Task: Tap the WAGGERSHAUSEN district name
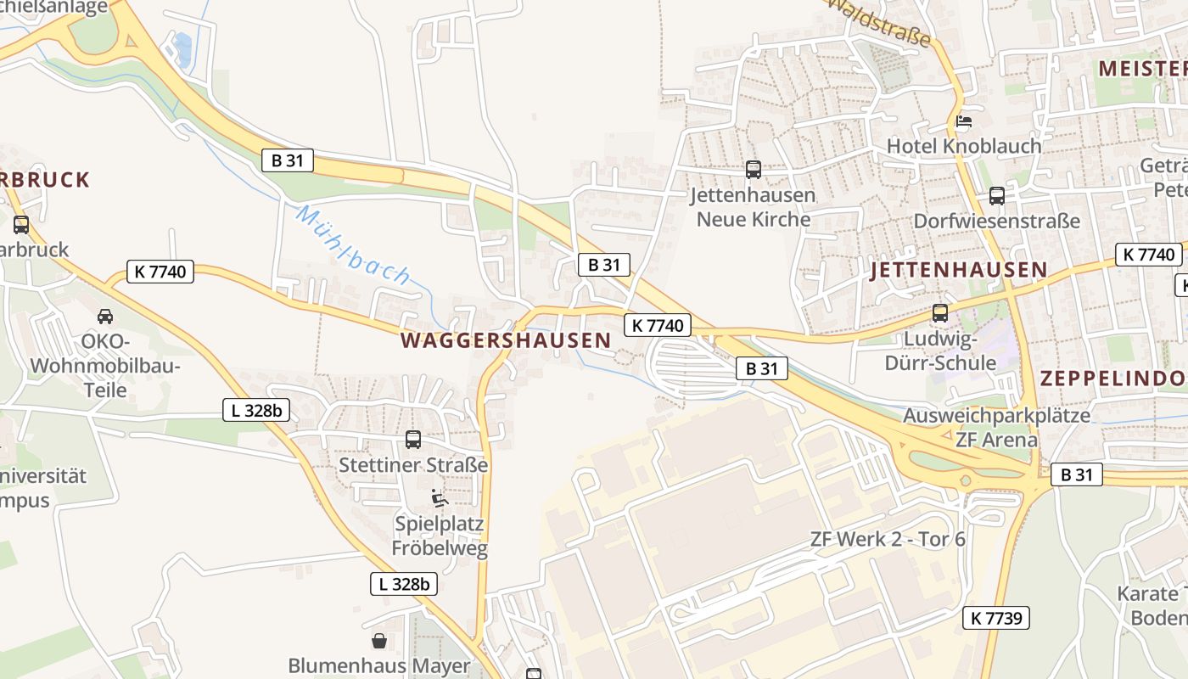coord(505,340)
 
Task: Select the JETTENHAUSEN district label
coord(959,270)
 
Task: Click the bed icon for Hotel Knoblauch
coord(964,121)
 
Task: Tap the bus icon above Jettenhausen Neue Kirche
coord(753,170)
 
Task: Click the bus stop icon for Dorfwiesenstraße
coord(996,196)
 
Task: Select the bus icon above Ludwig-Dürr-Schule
coord(940,312)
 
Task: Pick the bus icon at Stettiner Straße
coord(413,440)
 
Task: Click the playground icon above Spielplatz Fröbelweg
coord(439,497)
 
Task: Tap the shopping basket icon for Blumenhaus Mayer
coord(379,641)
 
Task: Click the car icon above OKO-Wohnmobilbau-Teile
coord(105,317)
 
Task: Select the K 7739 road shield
coord(995,618)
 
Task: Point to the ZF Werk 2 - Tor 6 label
coord(888,539)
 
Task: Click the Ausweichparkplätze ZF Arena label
coord(996,428)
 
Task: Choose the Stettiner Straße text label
coord(413,465)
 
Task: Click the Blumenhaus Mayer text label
coord(378,665)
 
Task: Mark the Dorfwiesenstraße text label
coord(996,222)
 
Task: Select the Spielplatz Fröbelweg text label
coord(440,536)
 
